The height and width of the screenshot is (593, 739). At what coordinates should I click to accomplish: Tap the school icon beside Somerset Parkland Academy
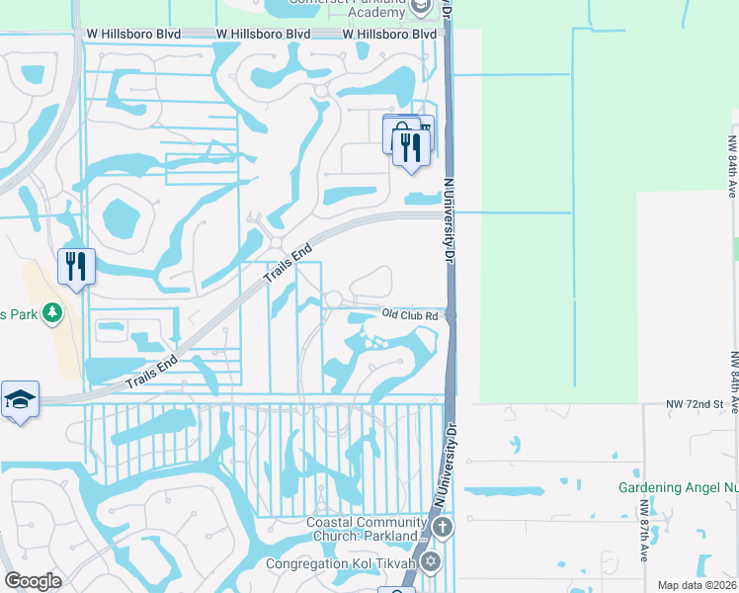point(422,7)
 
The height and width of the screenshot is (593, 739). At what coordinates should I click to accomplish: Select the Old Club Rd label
point(409,315)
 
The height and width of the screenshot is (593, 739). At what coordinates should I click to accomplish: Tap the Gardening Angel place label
point(678,487)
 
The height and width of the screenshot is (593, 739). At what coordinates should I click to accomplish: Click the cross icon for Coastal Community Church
point(443,527)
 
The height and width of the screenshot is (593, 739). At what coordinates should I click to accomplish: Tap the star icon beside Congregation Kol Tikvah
point(430,562)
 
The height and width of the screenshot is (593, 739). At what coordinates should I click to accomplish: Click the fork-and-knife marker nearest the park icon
point(75,267)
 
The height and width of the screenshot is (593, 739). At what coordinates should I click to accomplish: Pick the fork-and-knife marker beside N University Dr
point(409,148)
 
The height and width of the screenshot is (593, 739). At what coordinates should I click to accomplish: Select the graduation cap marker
point(20,399)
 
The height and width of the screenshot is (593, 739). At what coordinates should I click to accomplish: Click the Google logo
point(33,581)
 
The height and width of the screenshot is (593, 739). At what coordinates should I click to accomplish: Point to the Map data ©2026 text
point(697,585)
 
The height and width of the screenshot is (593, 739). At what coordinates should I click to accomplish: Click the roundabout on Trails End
point(277,243)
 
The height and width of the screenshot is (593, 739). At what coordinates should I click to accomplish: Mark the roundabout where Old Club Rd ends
point(333,298)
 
